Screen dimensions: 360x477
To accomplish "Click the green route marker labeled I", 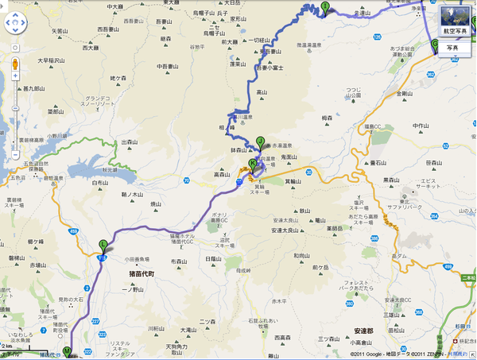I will (x=324, y=8).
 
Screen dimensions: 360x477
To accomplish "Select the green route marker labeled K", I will (x=253, y=165).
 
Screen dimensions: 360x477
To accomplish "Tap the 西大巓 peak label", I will (x=90, y=48).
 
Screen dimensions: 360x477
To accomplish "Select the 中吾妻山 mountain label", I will (x=168, y=66).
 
